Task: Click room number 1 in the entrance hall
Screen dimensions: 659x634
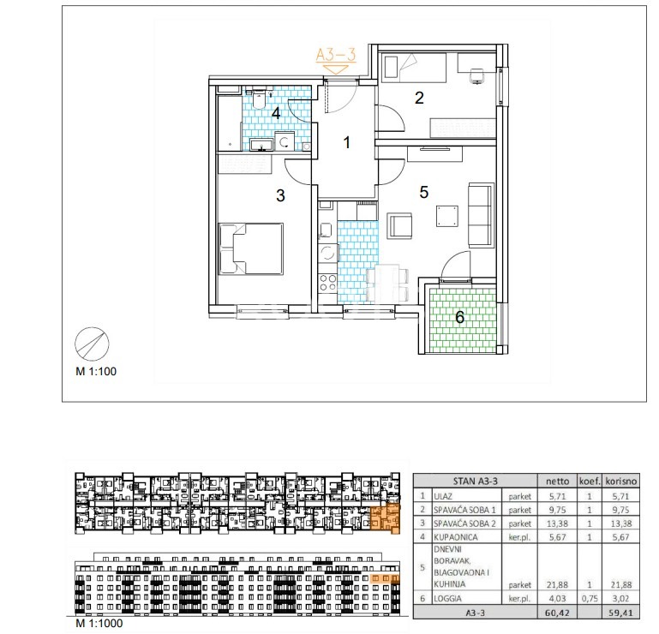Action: pyautogui.click(x=346, y=142)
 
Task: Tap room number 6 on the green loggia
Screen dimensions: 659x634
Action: pyautogui.click(x=460, y=317)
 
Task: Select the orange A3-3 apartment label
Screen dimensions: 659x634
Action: pyautogui.click(x=336, y=55)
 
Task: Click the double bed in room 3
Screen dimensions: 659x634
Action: pyautogui.click(x=251, y=248)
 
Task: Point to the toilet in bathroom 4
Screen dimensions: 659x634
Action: pyautogui.click(x=259, y=99)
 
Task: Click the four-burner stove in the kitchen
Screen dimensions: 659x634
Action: pyautogui.click(x=327, y=283)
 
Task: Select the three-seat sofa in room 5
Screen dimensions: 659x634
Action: pyautogui.click(x=482, y=215)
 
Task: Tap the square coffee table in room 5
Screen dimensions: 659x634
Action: pyautogui.click(x=447, y=216)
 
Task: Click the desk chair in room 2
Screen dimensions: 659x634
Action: pyautogui.click(x=476, y=75)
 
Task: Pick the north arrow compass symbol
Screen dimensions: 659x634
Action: pyautogui.click(x=92, y=344)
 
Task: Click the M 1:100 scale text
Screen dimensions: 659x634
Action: pyautogui.click(x=96, y=372)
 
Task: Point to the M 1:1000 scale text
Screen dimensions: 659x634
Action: pyautogui.click(x=99, y=623)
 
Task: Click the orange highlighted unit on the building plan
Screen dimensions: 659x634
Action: pyautogui.click(x=385, y=517)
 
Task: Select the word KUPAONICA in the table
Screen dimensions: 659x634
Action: pyautogui.click(x=456, y=537)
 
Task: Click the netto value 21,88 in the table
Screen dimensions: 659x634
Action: pyautogui.click(x=558, y=584)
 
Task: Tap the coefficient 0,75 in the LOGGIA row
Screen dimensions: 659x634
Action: pyautogui.click(x=590, y=598)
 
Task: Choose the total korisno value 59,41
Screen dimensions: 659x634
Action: pyautogui.click(x=620, y=613)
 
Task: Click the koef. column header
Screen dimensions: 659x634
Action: pyautogui.click(x=590, y=481)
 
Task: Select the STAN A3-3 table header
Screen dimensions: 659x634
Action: pyautogui.click(x=476, y=481)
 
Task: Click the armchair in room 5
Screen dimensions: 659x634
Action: pyautogui.click(x=399, y=225)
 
